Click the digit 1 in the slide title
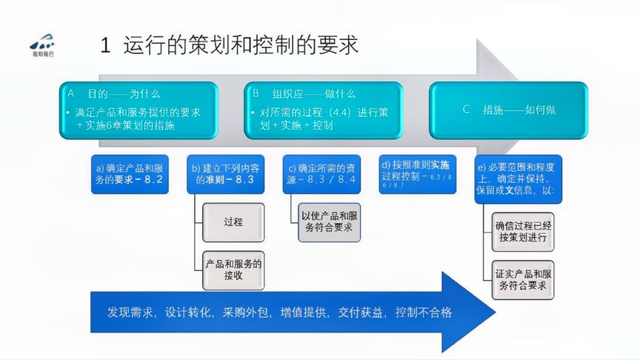(106, 45)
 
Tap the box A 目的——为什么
(139, 109)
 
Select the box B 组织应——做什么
(324, 109)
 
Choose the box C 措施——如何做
(508, 110)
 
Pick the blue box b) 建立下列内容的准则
(224, 174)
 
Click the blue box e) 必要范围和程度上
(520, 179)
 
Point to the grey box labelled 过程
(232, 222)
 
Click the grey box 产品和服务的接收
(233, 270)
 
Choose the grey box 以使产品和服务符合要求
(330, 221)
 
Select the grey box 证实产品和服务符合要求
(524, 279)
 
